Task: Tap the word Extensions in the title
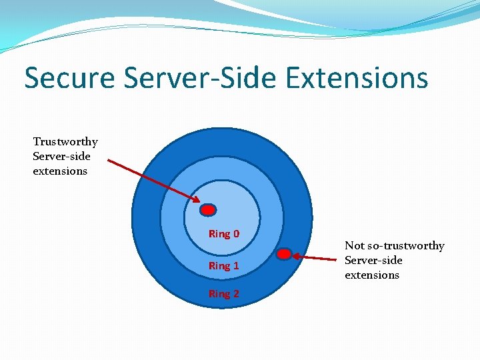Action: point(357,78)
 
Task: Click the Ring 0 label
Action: point(224,234)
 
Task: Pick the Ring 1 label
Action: point(224,266)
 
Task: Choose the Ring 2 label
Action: point(224,294)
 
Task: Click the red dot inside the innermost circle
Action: point(209,210)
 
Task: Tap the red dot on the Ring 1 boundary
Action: point(284,254)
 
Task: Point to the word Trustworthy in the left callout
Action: point(65,142)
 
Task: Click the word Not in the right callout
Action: point(354,246)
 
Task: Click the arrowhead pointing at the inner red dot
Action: point(197,201)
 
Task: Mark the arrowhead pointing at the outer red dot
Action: point(296,255)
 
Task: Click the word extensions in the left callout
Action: point(60,171)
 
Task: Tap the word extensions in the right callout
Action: point(372,275)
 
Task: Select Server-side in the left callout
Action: point(61,157)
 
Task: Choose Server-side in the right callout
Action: point(373,261)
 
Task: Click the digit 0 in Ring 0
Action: point(236,234)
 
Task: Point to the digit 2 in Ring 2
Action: point(236,294)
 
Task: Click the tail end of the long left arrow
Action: point(109,160)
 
